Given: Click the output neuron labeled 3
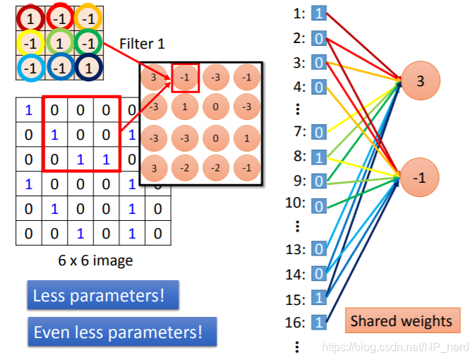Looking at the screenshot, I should pos(421,81).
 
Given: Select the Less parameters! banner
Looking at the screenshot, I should pos(103,295).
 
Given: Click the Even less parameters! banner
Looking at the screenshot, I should pos(122,332).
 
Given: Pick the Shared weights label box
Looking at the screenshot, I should pos(402,321).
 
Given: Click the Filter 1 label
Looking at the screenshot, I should pos(142,44).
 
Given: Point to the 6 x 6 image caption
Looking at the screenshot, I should pos(95,260).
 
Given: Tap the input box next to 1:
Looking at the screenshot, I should pos(319,13).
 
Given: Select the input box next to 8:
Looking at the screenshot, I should pos(319,156).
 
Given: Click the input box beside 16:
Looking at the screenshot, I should pos(319,322).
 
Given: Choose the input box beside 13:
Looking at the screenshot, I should pos(319,248).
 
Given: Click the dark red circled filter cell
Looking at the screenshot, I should pos(30,16).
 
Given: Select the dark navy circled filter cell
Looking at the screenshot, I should pos(88,68).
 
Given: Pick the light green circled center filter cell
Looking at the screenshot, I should pos(59,43).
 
